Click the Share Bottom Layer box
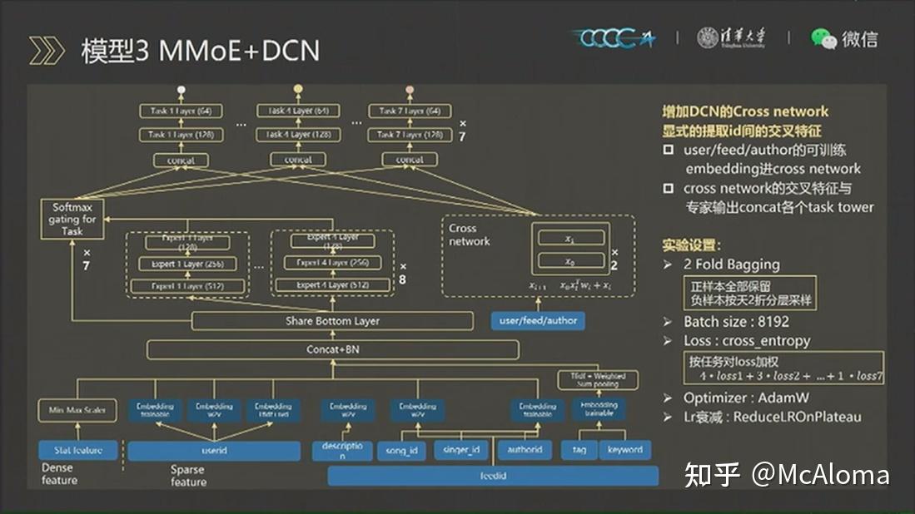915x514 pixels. coord(332,321)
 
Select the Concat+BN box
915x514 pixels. coord(332,349)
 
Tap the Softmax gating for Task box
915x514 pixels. coord(73,220)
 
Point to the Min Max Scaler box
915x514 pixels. coord(77,410)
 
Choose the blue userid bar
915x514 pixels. coord(214,451)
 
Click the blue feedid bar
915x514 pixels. coord(493,476)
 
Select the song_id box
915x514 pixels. coord(401,450)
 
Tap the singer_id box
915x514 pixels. coord(462,450)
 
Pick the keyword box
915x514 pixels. coord(624,450)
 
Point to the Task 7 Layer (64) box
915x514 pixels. coord(410,111)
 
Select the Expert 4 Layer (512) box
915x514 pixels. coord(331,285)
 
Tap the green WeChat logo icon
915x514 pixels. coord(823,38)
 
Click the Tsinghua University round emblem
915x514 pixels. coord(708,37)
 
